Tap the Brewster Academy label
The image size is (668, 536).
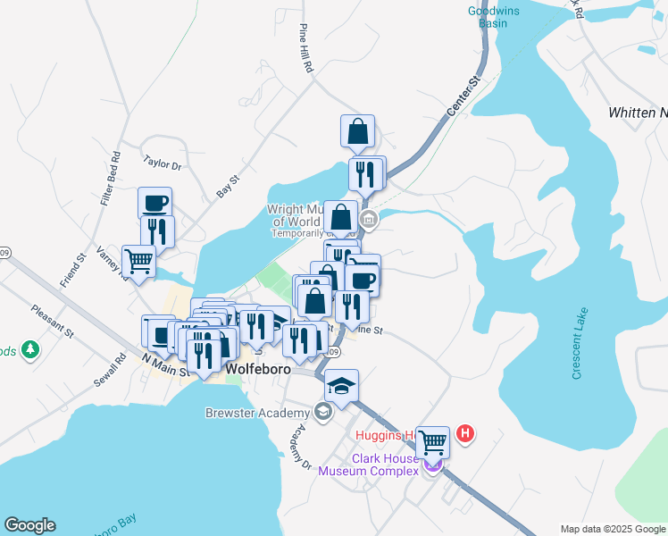coord(257,413)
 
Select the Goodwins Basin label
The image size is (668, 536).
coord(488,17)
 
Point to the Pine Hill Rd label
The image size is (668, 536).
coord(306,48)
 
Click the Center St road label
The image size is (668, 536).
coord(463,96)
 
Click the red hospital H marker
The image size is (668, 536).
coord(464,435)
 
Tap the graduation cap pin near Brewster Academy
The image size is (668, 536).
coord(341,385)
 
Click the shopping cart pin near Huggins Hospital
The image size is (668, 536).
coord(433,440)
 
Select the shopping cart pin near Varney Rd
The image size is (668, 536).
coord(139,261)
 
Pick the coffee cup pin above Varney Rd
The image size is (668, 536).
coord(154,202)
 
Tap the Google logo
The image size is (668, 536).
coord(29,525)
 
